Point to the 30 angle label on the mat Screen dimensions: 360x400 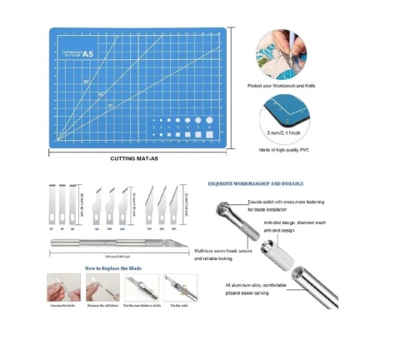tap(110, 105)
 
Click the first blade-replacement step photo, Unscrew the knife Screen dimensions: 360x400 tap(63, 288)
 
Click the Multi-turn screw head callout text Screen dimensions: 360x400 tap(224, 254)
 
